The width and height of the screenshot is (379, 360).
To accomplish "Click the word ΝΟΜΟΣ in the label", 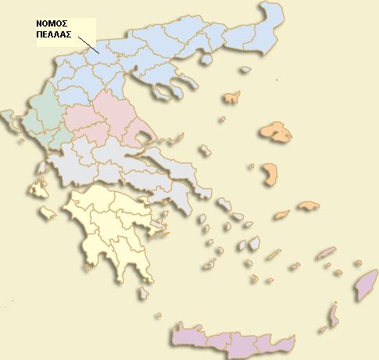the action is coord(52,24).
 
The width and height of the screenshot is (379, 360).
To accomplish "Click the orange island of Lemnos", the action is coord(231,98).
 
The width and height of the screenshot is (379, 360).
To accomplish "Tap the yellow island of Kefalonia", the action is coord(38,188).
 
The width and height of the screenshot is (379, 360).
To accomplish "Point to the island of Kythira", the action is coord(143,294).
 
